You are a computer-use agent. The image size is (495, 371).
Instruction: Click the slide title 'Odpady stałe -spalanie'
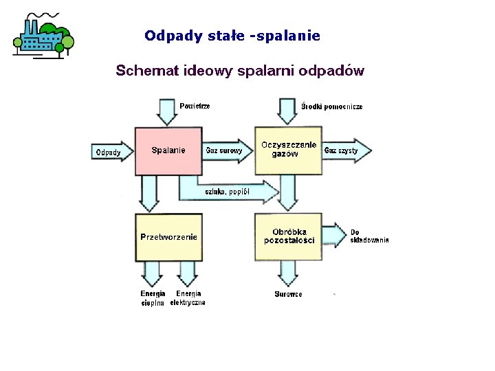coord(232,35)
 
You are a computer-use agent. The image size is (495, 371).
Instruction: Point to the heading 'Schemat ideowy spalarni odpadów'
coord(239,70)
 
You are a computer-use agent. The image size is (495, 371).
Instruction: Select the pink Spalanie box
coord(168,150)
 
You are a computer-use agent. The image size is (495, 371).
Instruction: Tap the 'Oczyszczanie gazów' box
coord(289,149)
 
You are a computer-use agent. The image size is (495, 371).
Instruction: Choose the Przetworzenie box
coord(168,237)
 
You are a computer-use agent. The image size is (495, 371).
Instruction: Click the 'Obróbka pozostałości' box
coord(289,236)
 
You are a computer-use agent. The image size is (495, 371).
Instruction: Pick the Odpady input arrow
coord(111,152)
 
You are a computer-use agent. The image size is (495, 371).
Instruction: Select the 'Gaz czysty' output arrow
coord(346,150)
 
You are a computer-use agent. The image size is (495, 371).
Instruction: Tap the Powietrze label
coord(195,106)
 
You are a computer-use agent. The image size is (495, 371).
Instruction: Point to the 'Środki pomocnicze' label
coord(332,106)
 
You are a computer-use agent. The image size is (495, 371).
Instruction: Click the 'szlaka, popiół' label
coord(227,192)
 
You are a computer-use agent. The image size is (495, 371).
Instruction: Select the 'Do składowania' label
coord(369,236)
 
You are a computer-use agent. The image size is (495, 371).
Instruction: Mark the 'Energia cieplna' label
coord(153,298)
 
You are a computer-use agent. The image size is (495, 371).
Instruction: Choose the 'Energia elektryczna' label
coord(188,298)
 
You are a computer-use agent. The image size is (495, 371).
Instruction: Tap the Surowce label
coord(288,295)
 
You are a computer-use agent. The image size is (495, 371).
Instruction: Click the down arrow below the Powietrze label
coord(167,111)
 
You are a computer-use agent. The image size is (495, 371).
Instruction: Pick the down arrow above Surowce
coord(288,275)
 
